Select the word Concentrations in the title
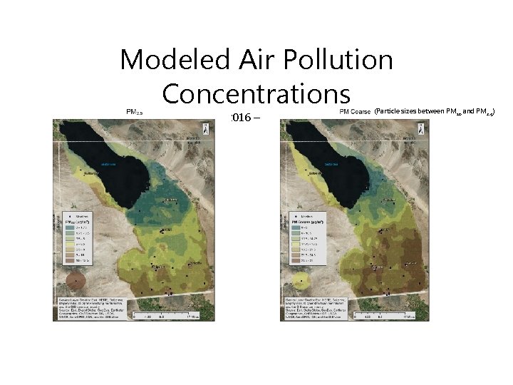pos(256,93)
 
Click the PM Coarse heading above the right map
pos(353,112)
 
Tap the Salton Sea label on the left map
pos(108,163)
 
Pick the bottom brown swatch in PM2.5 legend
pos(73,263)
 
